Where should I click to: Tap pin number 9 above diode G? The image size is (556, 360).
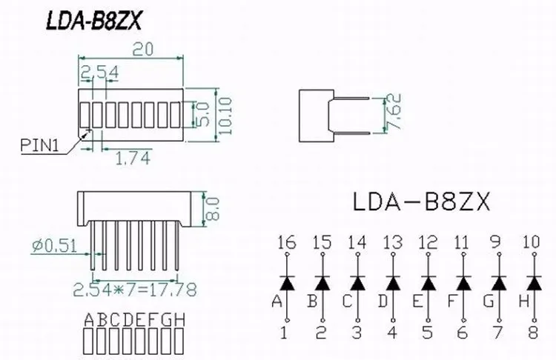(498, 242)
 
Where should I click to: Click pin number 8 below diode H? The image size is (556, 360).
(533, 333)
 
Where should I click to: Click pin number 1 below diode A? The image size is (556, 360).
(285, 333)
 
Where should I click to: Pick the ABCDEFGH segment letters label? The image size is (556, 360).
(133, 320)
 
